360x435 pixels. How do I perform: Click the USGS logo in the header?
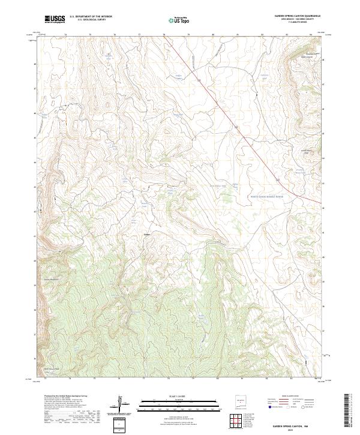55,19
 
